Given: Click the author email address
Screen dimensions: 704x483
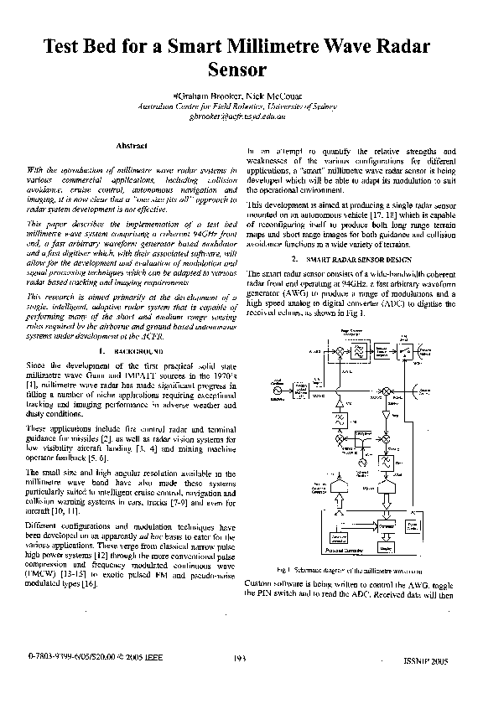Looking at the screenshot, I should (241, 119).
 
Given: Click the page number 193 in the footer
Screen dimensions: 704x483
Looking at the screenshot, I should (241, 660).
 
